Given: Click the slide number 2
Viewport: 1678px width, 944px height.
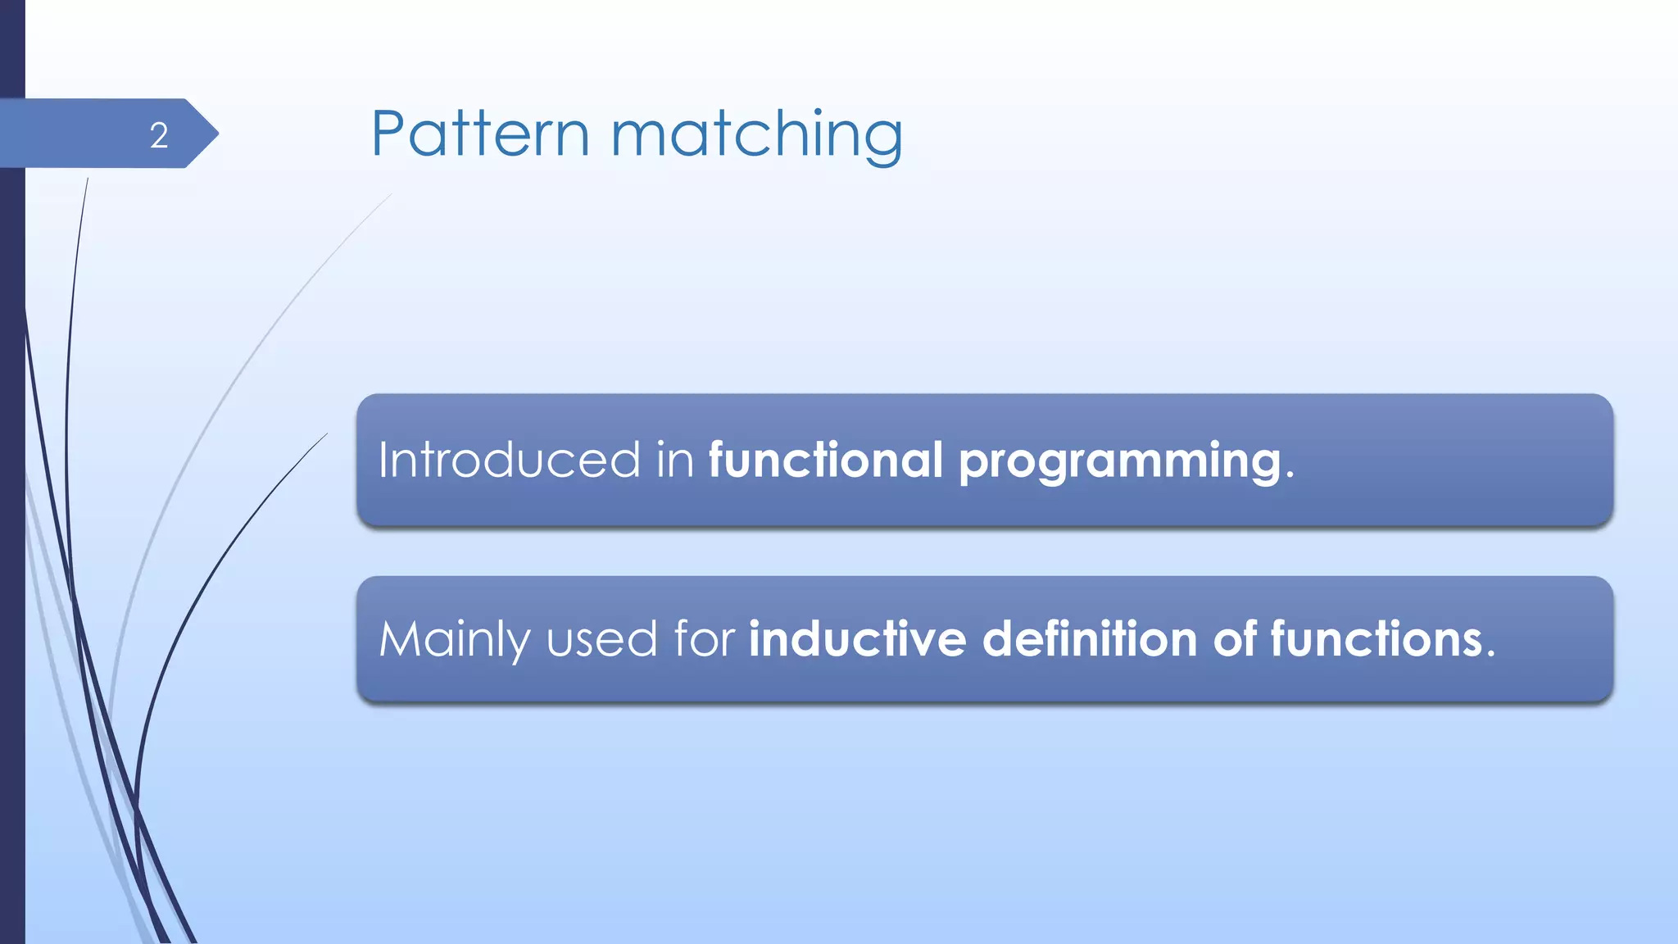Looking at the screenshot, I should click(x=159, y=135).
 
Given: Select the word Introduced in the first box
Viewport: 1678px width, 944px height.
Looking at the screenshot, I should click(x=509, y=460).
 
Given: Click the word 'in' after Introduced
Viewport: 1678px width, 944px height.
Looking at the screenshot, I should click(x=675, y=460).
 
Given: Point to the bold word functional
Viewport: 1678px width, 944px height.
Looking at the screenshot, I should click(x=826, y=460).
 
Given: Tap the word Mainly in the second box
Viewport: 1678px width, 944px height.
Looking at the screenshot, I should click(x=455, y=640).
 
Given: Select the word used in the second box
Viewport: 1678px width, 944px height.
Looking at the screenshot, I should click(x=601, y=640).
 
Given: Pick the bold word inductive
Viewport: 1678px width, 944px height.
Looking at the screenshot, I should click(x=858, y=638).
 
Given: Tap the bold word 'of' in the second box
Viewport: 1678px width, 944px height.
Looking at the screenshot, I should click(x=1235, y=638).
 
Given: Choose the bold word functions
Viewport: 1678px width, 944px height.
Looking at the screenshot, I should click(x=1376, y=638).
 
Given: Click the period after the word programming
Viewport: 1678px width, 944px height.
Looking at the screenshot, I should click(x=1290, y=476).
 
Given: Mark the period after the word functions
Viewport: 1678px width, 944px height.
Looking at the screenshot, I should click(x=1490, y=655).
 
